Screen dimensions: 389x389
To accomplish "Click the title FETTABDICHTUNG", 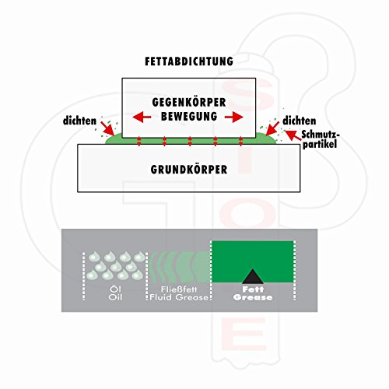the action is (x=189, y=61).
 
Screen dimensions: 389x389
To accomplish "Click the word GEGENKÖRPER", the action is (x=189, y=102).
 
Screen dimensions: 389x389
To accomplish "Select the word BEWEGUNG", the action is (x=189, y=116).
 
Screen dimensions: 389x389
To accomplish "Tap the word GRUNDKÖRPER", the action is (x=189, y=170).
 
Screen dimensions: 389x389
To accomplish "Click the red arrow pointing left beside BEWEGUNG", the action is (x=142, y=117).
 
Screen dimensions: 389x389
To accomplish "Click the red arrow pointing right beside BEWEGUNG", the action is (x=234, y=117).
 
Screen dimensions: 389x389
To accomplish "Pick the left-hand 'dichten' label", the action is (x=79, y=121).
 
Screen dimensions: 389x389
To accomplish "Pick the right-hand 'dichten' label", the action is (x=300, y=121).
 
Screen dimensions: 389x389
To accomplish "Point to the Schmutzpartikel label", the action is (x=321, y=139).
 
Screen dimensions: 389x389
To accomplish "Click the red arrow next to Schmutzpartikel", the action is (x=293, y=135).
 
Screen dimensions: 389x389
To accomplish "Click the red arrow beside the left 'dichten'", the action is (x=107, y=128).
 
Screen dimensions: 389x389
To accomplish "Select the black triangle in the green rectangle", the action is (x=253, y=276).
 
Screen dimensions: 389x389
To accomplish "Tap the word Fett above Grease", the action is (x=253, y=289).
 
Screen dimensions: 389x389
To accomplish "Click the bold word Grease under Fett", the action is (x=253, y=297).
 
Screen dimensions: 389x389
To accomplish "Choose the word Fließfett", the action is (x=179, y=289).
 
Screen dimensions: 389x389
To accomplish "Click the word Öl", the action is (x=115, y=289).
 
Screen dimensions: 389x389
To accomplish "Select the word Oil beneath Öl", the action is (x=115, y=297).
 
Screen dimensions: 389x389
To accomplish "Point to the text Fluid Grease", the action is (x=179, y=297).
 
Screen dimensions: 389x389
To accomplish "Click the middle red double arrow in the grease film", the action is (x=190, y=142).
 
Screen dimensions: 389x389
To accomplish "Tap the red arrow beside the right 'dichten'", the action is (x=272, y=128).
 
